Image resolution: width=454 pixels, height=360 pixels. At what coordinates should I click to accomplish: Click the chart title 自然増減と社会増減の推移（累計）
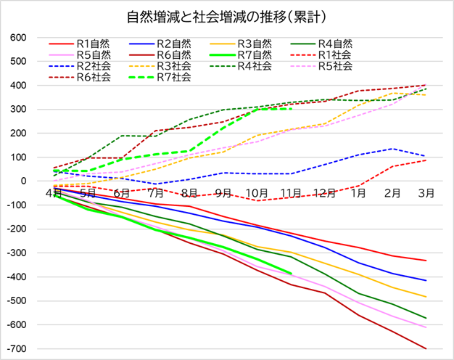227,15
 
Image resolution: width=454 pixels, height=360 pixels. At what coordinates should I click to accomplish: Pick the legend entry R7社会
172,77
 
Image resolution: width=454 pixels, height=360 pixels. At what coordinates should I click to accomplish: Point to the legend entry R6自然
172,54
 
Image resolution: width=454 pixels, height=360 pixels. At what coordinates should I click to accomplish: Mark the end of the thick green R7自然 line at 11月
291,274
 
